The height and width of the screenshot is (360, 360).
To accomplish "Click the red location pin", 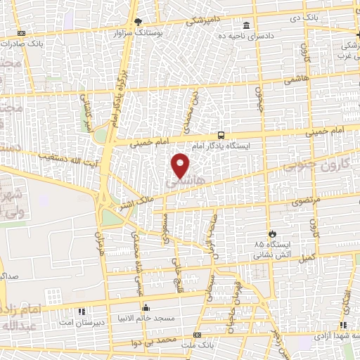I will [181, 165].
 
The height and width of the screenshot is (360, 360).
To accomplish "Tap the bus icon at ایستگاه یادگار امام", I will [221, 134].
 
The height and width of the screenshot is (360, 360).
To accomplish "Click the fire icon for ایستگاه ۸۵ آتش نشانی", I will [272, 233].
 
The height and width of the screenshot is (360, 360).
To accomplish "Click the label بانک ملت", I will [197, 345].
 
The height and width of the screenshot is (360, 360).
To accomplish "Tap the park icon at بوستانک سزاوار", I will [139, 22].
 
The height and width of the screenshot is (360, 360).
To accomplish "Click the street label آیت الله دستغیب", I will [67, 155].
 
